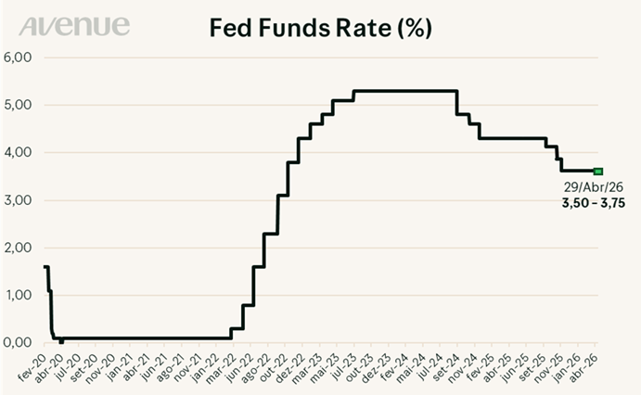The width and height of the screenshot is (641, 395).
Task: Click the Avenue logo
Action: [x=74, y=26]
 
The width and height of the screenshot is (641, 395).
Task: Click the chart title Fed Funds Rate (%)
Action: [x=321, y=28]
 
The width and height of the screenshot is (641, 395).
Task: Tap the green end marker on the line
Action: [x=598, y=172]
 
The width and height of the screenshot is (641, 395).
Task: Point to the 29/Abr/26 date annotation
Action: [x=594, y=187]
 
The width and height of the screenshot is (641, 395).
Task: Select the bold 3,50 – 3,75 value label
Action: [x=594, y=203]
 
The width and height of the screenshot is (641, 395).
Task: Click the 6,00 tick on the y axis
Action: [x=18, y=57]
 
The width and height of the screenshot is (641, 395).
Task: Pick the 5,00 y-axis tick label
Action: [x=18, y=105]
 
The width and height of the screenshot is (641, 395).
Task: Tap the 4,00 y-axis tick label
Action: [x=18, y=152]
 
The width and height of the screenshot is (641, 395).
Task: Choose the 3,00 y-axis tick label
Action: [x=18, y=200]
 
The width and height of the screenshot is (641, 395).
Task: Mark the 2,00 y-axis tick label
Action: [x=18, y=248]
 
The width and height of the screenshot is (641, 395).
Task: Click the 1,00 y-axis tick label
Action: [x=18, y=295]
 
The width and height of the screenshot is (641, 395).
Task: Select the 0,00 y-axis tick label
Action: [x=18, y=342]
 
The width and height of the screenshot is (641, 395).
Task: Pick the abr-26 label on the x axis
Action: [x=583, y=364]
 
